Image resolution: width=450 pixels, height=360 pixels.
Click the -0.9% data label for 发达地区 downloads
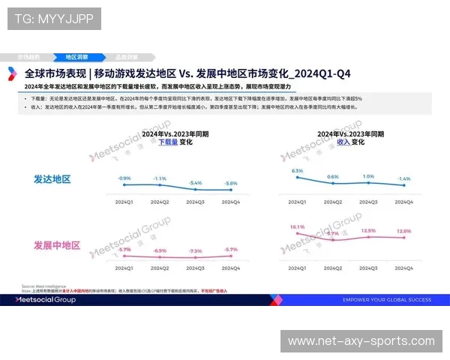pyautogui.click(x=124, y=178)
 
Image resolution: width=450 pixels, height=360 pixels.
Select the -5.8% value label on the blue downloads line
pyautogui.click(x=231, y=184)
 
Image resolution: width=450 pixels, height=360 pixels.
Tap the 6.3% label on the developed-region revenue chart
pyautogui.click(x=297, y=171)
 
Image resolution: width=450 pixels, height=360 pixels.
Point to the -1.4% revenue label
pyautogui.click(x=404, y=178)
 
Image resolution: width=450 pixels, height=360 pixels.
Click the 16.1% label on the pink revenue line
pyautogui.click(x=297, y=226)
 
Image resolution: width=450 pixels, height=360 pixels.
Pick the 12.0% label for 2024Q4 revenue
pyautogui.click(x=404, y=231)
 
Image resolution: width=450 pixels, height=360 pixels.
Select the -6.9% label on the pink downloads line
pyautogui.click(x=160, y=250)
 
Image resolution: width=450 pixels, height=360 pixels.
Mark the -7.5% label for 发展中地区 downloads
pyautogui.click(x=195, y=251)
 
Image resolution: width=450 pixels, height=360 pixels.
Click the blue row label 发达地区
pyautogui.click(x=52, y=179)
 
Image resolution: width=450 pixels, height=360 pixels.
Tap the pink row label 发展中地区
pyautogui.click(x=57, y=245)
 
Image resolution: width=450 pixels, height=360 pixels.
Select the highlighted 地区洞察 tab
pyautogui.click(x=76, y=57)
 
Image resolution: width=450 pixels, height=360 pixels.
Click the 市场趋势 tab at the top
pyautogui.click(x=29, y=57)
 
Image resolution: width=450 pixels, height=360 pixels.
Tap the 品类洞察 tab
pyautogui.click(x=126, y=57)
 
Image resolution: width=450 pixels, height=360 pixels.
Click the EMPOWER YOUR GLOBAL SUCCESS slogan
pyautogui.click(x=386, y=300)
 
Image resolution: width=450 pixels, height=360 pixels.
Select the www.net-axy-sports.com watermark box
pyautogui.click(x=361, y=341)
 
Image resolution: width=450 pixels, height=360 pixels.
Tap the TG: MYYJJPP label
pyautogui.click(x=54, y=18)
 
